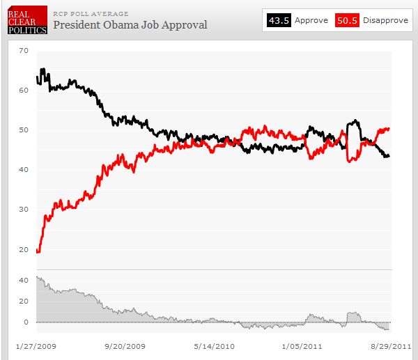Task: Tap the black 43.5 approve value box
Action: tap(278, 20)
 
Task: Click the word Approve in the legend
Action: tap(311, 20)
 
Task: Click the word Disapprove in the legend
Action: tap(385, 20)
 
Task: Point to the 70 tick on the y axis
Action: tap(24, 51)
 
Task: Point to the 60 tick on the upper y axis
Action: tap(24, 91)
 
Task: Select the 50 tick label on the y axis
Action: tap(24, 130)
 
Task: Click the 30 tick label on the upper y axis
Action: tap(24, 210)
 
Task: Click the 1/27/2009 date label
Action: tap(35, 345)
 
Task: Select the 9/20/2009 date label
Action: tap(124, 345)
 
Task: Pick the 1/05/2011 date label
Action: tap(302, 345)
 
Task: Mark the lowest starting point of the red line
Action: tap(38, 252)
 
